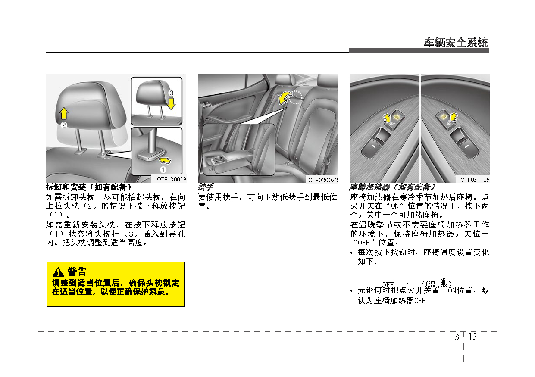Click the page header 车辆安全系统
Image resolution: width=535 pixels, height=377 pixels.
[x=456, y=43]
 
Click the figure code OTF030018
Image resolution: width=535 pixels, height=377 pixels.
[x=171, y=179]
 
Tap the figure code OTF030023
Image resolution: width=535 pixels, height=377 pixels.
[x=323, y=180]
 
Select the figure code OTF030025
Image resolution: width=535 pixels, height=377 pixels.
[x=475, y=180]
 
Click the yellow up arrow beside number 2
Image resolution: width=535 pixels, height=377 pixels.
[x=64, y=113]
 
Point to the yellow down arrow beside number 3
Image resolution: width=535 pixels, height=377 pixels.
[x=172, y=103]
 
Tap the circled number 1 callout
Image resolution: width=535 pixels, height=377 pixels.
[x=163, y=170]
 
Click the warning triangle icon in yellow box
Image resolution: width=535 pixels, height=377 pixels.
[x=58, y=272]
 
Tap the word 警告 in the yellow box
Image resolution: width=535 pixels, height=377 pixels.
[x=77, y=272]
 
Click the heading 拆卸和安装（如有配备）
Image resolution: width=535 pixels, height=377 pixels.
[x=89, y=187]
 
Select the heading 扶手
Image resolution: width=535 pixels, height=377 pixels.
[x=206, y=187]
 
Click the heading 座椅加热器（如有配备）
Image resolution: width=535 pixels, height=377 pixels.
[x=392, y=187]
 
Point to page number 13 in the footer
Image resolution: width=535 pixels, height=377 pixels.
[x=472, y=337]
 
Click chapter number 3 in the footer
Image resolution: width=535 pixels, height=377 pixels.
[x=457, y=337]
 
